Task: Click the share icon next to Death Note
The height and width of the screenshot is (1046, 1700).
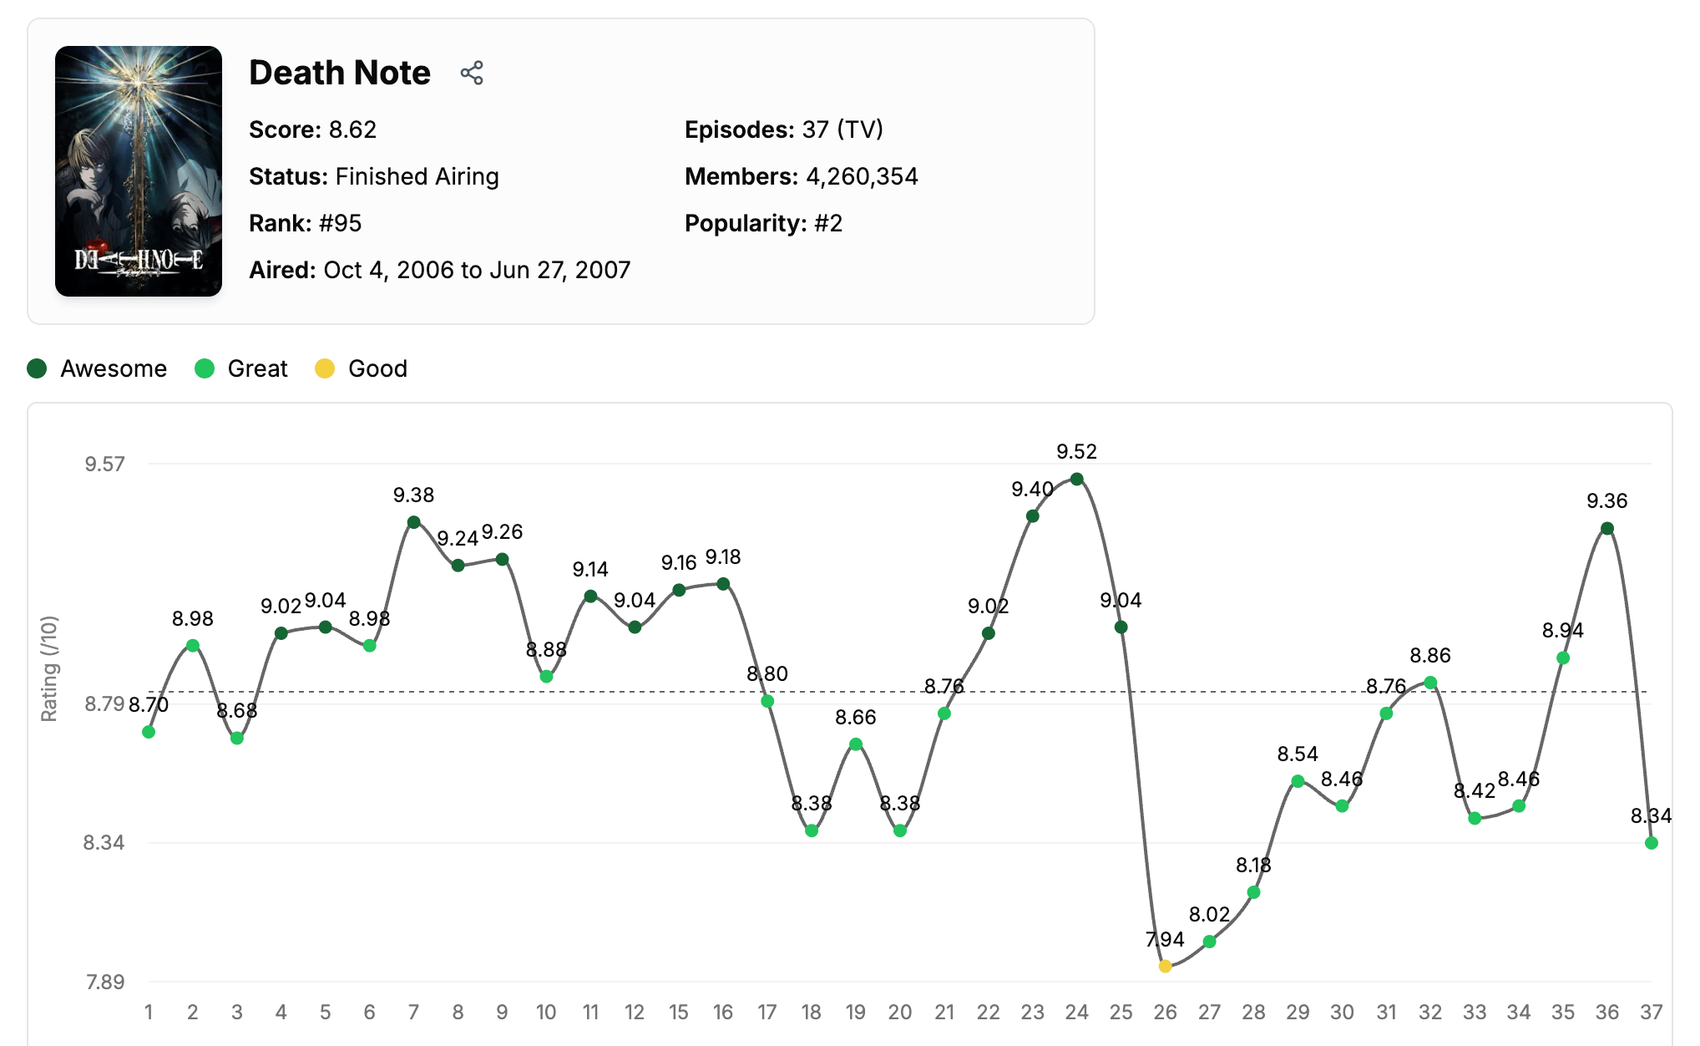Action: pyautogui.click(x=472, y=73)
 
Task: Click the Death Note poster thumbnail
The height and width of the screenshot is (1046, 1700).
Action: pyautogui.click(x=139, y=171)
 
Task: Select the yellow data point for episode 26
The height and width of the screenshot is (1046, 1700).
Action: pyautogui.click(x=1165, y=967)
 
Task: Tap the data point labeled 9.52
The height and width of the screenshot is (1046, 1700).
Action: pyautogui.click(x=1076, y=480)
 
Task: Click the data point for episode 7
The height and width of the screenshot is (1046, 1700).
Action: pyautogui.click(x=413, y=522)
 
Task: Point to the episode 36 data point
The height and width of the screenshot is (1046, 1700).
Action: pyautogui.click(x=1606, y=529)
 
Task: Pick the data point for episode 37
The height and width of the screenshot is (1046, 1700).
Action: pyautogui.click(x=1651, y=843)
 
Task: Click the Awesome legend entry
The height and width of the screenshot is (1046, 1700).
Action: pyautogui.click(x=97, y=368)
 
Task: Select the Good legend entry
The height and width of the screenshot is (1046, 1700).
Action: pyautogui.click(x=362, y=368)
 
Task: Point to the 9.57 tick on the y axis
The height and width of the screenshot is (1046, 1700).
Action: pyautogui.click(x=104, y=464)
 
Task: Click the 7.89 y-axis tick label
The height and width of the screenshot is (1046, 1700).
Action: pyautogui.click(x=104, y=982)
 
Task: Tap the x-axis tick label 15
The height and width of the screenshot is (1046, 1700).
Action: pyautogui.click(x=678, y=1013)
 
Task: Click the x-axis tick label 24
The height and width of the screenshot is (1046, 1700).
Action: pyautogui.click(x=1076, y=1013)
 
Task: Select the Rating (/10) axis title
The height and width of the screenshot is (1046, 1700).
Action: pyautogui.click(x=50, y=668)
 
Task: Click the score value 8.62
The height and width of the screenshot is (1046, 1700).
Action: pyautogui.click(x=352, y=129)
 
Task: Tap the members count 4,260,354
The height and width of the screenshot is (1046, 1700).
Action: pyautogui.click(x=862, y=176)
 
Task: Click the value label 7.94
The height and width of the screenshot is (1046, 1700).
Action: pyautogui.click(x=1165, y=939)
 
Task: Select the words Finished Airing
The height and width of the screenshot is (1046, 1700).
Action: pyautogui.click(x=417, y=176)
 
